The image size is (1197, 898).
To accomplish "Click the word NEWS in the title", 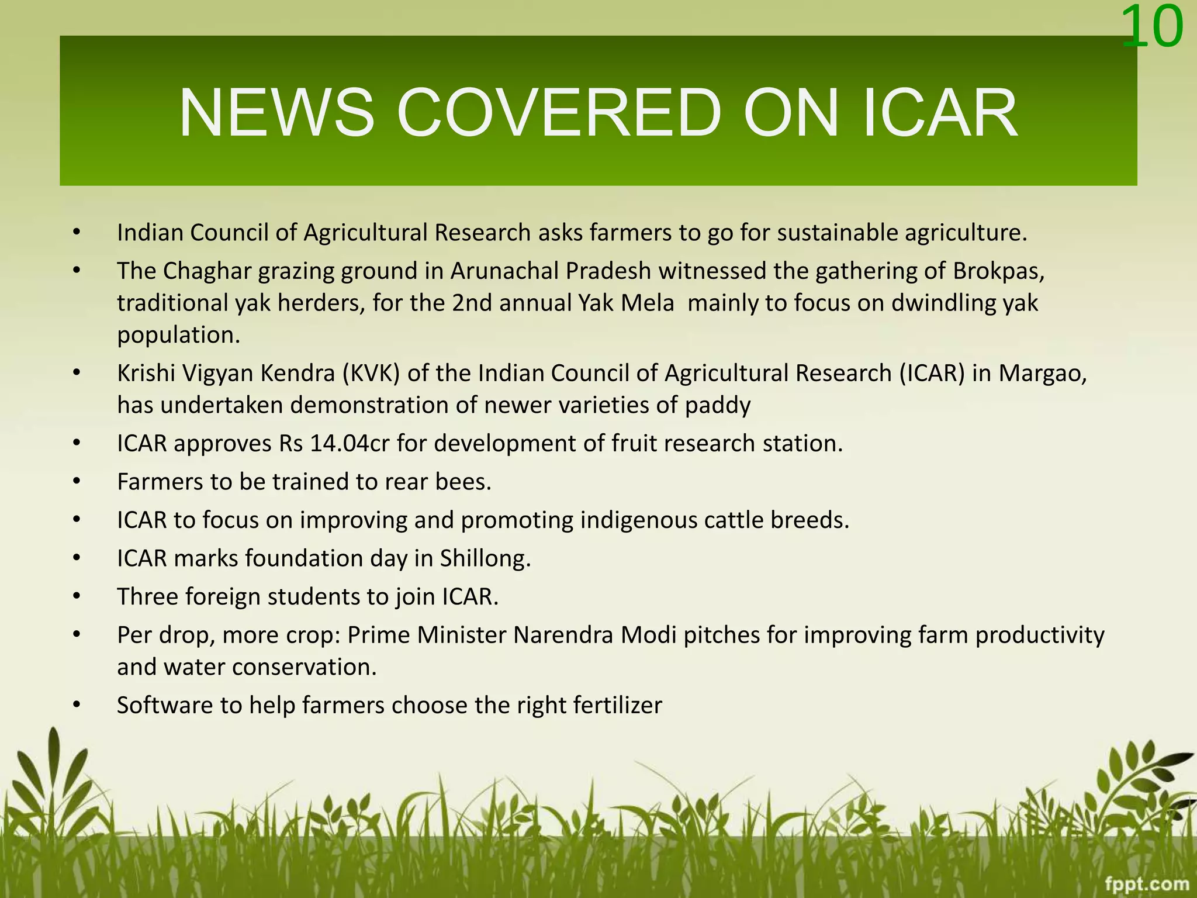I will tap(276, 112).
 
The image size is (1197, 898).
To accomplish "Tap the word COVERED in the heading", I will tap(559, 112).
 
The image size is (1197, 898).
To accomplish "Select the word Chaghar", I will tap(207, 271).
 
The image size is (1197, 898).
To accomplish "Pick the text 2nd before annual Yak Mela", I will tap(472, 303).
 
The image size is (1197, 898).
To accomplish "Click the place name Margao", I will tap(1042, 373).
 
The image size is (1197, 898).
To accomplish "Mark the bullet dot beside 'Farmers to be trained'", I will tap(76, 482).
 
